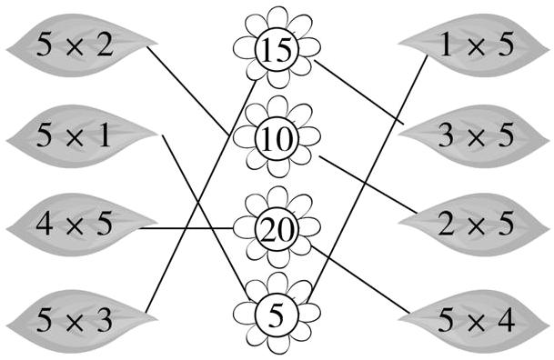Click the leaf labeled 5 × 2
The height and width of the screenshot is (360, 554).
76,45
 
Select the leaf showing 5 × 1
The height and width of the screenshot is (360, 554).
76,136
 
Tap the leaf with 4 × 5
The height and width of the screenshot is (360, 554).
76,224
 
